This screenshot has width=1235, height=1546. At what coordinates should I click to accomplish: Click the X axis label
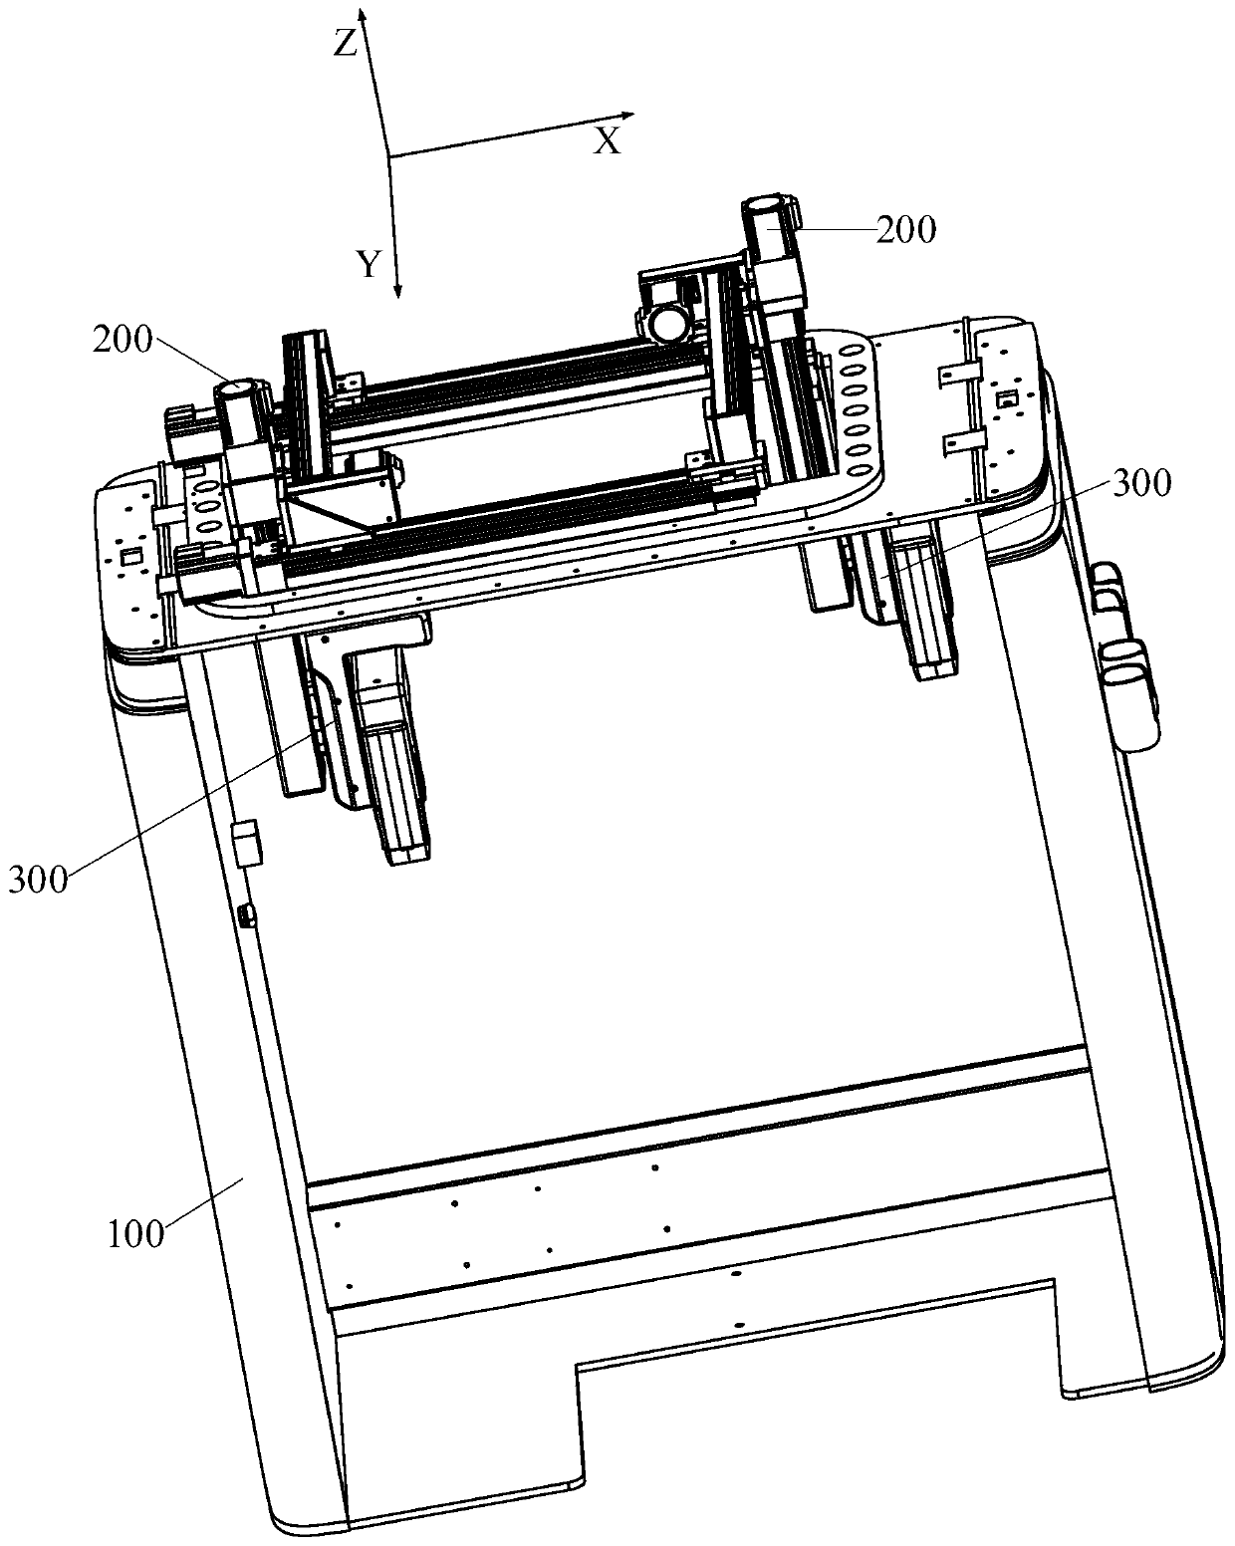tap(607, 141)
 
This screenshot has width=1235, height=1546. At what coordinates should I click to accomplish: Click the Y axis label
tap(370, 264)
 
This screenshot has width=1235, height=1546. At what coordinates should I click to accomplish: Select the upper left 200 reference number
tap(123, 341)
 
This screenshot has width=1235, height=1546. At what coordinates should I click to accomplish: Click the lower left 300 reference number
tap(38, 880)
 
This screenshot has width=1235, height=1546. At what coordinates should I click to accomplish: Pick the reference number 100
tap(135, 1233)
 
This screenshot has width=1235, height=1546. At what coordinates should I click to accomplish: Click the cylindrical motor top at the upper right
tap(765, 207)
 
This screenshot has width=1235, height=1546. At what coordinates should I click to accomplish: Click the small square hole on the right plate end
tap(1008, 400)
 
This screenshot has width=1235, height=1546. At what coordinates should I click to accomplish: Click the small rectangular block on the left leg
tap(244, 843)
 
